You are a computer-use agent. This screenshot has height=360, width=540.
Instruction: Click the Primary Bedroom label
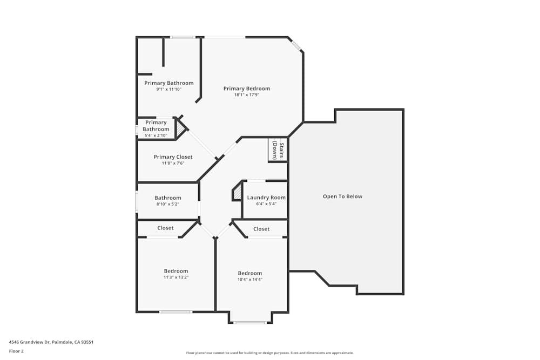click(247, 89)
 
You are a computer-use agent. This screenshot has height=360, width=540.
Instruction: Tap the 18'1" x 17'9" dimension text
click(247, 95)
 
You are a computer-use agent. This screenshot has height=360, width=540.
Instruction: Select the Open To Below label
click(342, 196)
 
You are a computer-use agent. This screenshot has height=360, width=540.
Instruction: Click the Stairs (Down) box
click(278, 150)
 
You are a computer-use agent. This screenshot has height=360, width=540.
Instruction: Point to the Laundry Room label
click(266, 198)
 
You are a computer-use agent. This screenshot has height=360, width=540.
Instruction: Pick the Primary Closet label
click(173, 157)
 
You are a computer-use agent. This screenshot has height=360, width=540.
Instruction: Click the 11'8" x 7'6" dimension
click(173, 163)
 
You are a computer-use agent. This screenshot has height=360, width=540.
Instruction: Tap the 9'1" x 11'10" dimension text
click(168, 89)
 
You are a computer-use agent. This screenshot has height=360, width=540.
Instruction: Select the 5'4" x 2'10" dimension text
click(156, 135)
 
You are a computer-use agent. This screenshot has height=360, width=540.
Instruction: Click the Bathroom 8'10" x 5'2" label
click(168, 198)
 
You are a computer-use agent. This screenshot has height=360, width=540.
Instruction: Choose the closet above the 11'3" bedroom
click(165, 228)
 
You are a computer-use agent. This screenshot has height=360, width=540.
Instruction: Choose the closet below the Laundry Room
click(261, 229)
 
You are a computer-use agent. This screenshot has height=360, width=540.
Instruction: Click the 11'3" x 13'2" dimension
click(176, 277)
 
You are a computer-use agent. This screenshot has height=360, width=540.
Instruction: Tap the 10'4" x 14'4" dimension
click(250, 279)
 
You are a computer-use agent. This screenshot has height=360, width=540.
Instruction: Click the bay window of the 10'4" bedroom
click(250, 323)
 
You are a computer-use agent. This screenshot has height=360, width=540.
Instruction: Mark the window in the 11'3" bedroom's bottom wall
click(175, 311)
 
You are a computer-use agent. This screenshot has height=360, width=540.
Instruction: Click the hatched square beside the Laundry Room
click(237, 192)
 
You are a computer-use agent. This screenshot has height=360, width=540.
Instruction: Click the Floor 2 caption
click(16, 351)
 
